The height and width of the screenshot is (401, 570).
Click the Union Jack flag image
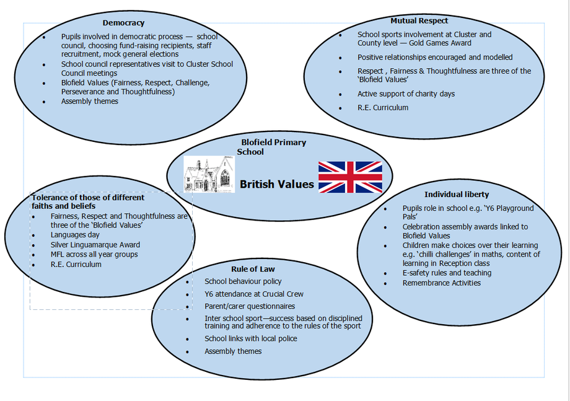350,177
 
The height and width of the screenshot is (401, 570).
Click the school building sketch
209,174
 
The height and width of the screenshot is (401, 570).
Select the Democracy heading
123,23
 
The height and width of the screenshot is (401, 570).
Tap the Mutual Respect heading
419,20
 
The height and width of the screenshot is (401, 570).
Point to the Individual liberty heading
457,195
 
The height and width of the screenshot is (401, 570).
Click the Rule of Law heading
253,269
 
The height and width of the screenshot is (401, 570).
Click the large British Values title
277,184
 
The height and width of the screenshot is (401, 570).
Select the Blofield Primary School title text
271,147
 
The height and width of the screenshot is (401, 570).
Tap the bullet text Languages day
75,235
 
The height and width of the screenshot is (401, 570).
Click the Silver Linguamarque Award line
95,245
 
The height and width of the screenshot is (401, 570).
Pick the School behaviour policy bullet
243,281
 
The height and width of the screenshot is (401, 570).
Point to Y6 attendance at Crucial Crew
254,294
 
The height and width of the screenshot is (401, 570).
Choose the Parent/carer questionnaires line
250,306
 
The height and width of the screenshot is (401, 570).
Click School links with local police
251,338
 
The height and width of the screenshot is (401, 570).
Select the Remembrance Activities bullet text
441,283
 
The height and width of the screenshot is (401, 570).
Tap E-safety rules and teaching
447,273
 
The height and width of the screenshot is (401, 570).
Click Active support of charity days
406,94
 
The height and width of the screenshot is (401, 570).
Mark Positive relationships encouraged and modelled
435,57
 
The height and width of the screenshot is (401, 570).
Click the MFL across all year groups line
94,255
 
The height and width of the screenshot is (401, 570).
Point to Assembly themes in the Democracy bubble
90,101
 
